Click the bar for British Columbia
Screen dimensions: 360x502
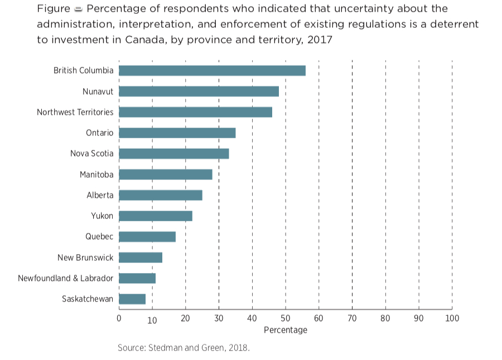coord(212,71)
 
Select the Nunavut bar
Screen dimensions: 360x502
coord(199,91)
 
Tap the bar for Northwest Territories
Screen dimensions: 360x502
coord(195,112)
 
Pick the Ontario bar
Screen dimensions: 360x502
coord(177,133)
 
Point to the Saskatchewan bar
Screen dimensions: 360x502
coord(132,299)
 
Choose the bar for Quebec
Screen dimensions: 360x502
coord(147,237)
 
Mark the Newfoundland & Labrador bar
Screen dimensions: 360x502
coord(137,278)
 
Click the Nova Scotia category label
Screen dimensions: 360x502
coord(91,154)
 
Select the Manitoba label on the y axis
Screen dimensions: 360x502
coord(96,174)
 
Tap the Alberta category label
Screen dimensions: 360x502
coord(100,195)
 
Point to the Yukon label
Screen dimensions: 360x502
coord(102,216)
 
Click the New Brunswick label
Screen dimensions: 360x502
coord(85,257)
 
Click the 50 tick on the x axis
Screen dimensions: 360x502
coord(286,318)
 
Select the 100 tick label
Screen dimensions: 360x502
coord(452,318)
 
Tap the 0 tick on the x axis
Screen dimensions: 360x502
coord(119,318)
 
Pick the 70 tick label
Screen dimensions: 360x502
coord(352,318)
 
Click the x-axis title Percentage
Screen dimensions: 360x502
coord(286,330)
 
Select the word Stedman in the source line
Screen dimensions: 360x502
coord(165,348)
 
